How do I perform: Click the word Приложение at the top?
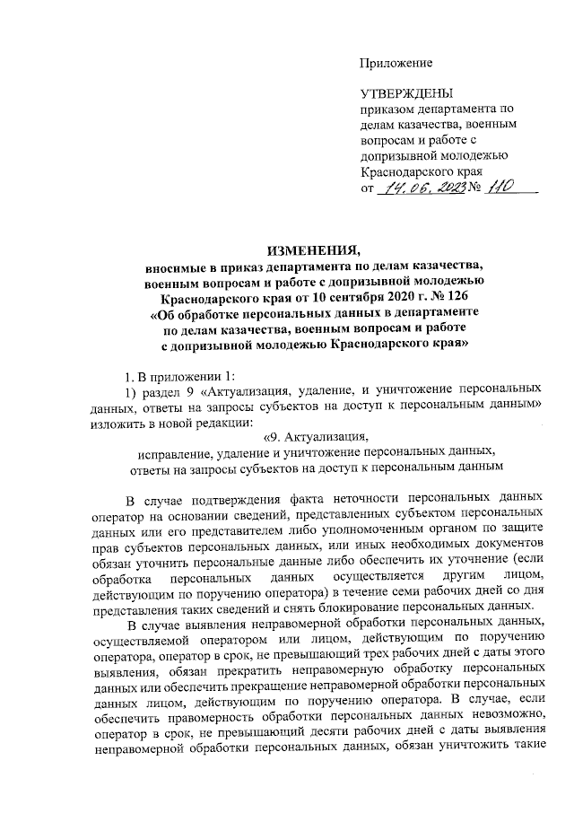tap(396, 62)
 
